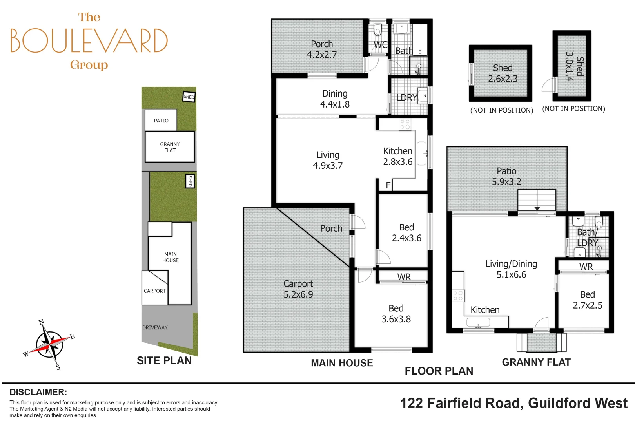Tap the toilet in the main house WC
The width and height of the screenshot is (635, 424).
(377, 29)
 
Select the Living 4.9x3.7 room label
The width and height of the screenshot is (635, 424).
(328, 160)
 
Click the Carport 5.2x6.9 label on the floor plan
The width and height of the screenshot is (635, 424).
(298, 289)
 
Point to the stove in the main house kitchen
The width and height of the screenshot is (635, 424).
(405, 124)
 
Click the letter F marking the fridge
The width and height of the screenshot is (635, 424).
(388, 185)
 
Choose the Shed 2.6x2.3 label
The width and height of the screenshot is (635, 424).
(503, 73)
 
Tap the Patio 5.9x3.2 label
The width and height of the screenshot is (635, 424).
(506, 176)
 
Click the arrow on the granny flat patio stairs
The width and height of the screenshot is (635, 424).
(537, 208)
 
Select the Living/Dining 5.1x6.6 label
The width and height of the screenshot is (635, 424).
(511, 269)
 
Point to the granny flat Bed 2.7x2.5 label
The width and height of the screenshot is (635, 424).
(587, 300)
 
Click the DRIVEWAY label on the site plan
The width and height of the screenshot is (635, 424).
(155, 327)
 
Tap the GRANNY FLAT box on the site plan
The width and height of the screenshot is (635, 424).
(170, 147)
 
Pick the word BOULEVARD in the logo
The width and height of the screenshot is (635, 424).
(89, 40)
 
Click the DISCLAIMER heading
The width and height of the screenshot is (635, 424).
(38, 392)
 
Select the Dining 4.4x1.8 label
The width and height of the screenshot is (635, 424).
(335, 99)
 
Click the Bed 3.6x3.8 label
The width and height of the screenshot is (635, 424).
(396, 314)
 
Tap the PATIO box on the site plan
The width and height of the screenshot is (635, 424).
(161, 120)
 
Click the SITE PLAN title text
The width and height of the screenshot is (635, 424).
(164, 360)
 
